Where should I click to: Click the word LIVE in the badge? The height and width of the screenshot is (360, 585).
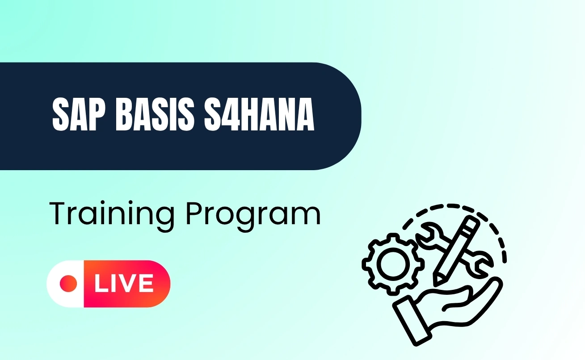click(123, 284)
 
